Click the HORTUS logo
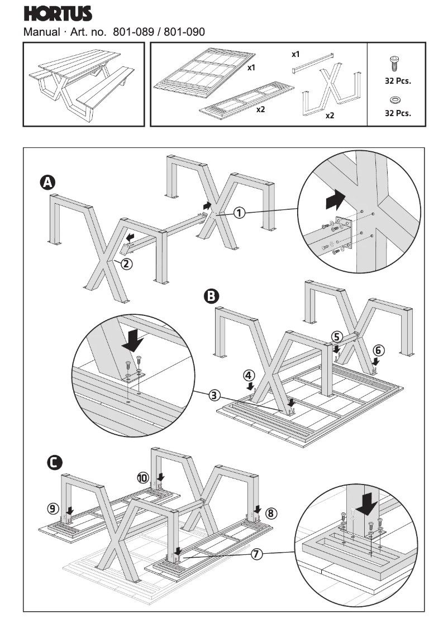click(x=58, y=13)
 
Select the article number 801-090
click(x=184, y=32)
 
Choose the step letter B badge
click(x=212, y=296)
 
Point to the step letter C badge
click(x=55, y=462)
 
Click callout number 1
click(x=239, y=212)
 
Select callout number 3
click(x=215, y=396)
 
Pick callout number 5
click(x=336, y=336)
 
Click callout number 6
click(x=379, y=351)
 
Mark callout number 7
click(x=256, y=554)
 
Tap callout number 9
click(x=53, y=508)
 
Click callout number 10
click(x=144, y=477)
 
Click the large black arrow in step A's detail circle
click(x=334, y=198)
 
